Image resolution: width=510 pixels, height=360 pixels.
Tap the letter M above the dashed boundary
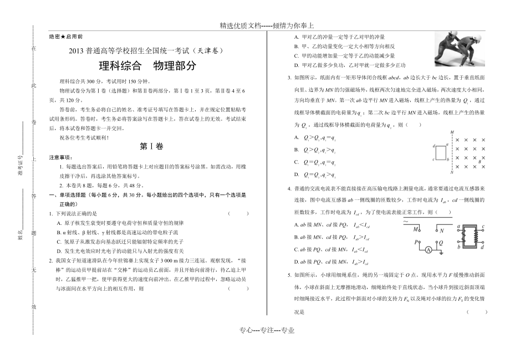pos(453,132)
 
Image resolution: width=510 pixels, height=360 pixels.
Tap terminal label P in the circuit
pos(416,241)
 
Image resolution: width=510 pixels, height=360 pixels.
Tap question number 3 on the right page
pos(289,77)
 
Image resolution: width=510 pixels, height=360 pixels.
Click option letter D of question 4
pos(296,261)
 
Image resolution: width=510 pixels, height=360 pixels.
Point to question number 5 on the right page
pos(289,274)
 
